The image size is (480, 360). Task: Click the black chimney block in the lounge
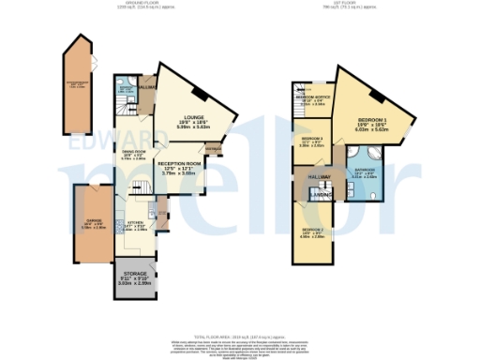tap(202, 92)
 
